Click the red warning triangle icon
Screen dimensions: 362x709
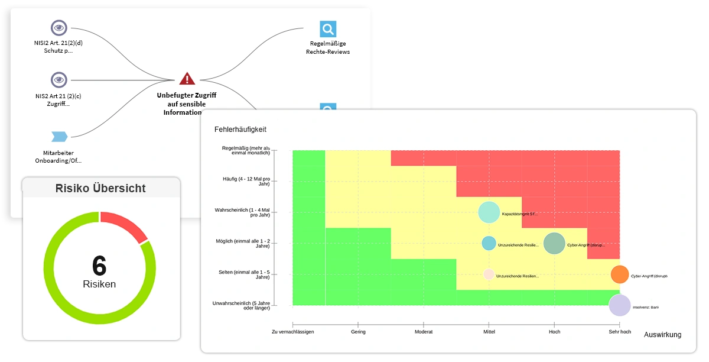[187, 79]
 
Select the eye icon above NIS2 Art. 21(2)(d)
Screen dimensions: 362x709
[58, 28]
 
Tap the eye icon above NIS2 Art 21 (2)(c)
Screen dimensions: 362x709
[58, 80]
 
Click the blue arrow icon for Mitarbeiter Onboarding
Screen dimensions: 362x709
[58, 137]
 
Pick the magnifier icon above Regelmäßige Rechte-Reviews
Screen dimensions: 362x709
[328, 29]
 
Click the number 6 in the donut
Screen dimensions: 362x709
[99, 266]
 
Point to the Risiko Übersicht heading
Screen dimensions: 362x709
[100, 189]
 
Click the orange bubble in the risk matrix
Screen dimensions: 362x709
[619, 274]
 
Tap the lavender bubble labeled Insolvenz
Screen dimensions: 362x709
[619, 305]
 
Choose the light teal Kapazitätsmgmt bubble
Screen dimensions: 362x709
[489, 212]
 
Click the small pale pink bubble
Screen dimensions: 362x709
[489, 274]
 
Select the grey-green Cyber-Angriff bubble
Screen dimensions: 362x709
[554, 243]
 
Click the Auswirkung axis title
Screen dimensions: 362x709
[662, 335]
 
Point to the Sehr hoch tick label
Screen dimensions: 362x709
[620, 332]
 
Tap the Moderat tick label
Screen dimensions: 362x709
[424, 332]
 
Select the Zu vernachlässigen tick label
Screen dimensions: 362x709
[292, 332]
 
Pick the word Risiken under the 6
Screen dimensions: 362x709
[99, 285]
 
